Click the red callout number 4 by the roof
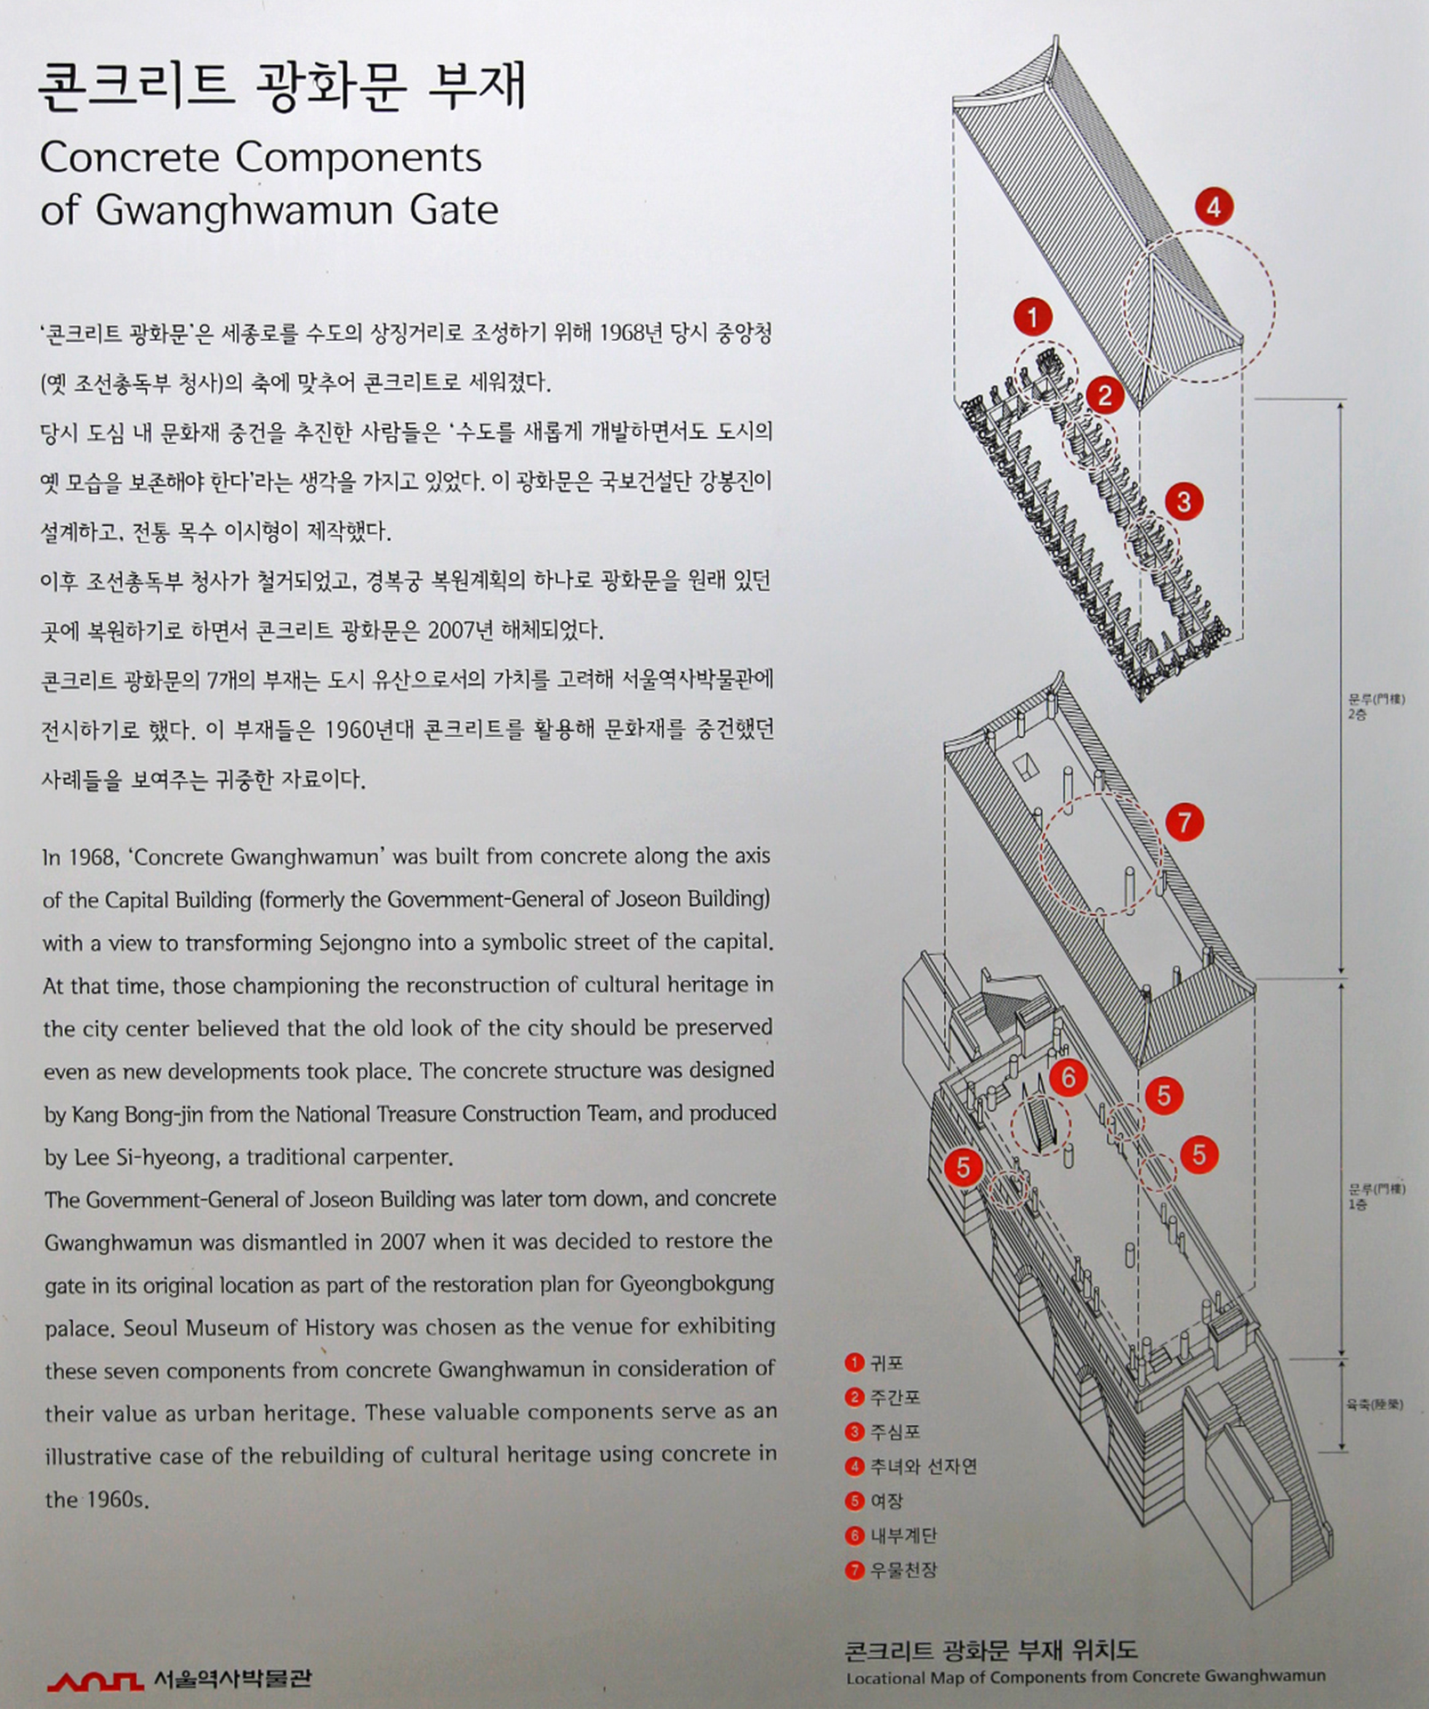[x=1214, y=208]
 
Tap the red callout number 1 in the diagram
[x=1032, y=317]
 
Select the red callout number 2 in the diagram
[x=1104, y=394]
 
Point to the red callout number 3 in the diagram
[x=1183, y=502]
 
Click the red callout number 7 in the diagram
[x=1183, y=822]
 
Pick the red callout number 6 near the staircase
[x=1068, y=1078]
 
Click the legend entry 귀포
[x=887, y=1363]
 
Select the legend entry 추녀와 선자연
[x=923, y=1466]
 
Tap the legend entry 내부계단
[x=903, y=1535]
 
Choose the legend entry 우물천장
[x=903, y=1570]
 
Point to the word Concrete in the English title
[x=130, y=158]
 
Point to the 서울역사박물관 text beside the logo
[x=232, y=1679]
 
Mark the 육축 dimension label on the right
[x=1374, y=1405]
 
